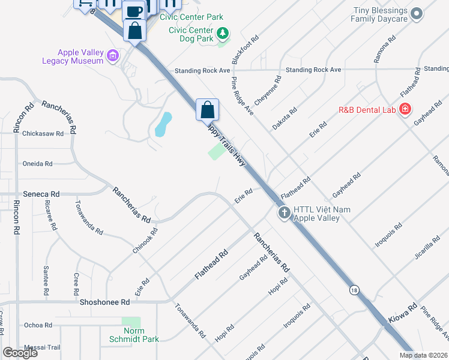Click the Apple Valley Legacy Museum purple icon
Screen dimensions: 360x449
112,56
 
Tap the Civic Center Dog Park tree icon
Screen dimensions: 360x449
223,32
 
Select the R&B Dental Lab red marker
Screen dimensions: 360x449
405,109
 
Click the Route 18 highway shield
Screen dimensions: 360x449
355,290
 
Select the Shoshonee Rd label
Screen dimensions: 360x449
104,303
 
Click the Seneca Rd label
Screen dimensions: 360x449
41,194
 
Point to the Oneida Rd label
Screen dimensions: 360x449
37,163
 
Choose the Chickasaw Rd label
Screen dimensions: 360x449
43,134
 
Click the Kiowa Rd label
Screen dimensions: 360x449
404,314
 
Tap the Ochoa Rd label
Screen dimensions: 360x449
38,325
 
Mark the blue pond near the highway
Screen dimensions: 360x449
163,124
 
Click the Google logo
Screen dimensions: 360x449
20,353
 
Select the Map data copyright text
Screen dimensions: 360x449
423,355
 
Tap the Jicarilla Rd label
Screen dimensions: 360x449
427,252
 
